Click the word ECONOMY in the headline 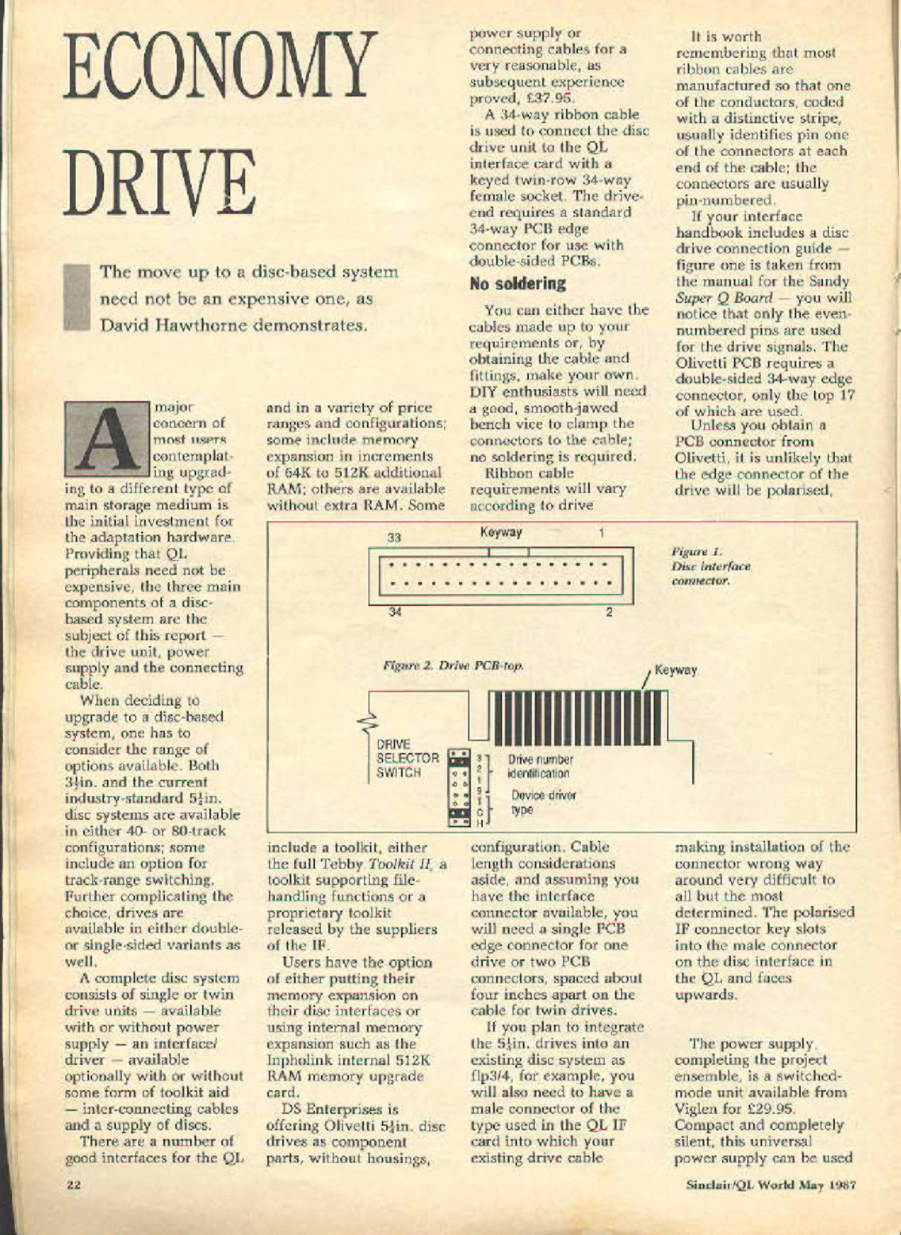[x=220, y=68]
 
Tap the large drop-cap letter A [x=107, y=439]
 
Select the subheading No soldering [x=518, y=284]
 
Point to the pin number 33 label [x=394, y=537]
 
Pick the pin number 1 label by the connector [x=602, y=532]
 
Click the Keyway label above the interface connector [x=501, y=532]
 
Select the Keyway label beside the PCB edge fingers [x=675, y=671]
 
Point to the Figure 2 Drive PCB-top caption [x=453, y=665]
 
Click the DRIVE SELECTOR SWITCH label [x=408, y=758]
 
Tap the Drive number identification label [x=541, y=766]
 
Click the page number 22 [x=73, y=1185]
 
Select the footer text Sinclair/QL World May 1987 [x=771, y=1185]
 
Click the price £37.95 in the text [x=547, y=98]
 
